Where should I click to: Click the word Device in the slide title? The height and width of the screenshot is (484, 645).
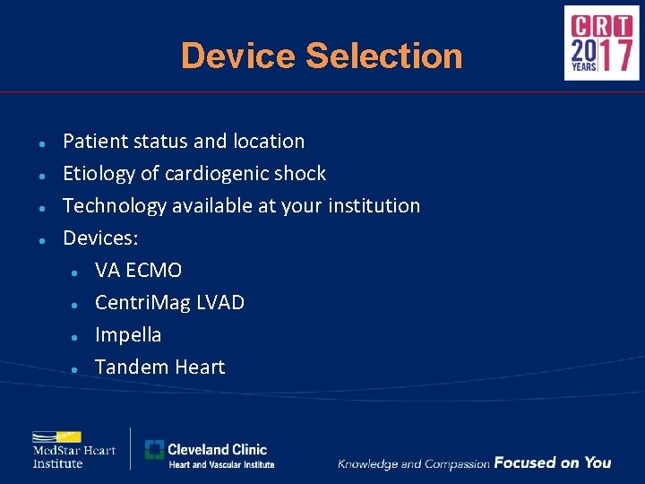(x=238, y=56)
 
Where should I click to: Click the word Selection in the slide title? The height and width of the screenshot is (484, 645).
(x=384, y=56)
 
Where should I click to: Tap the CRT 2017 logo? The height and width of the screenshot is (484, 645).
(x=601, y=43)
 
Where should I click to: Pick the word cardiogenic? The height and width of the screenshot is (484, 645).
(x=220, y=174)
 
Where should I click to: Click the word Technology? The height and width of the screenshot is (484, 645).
(x=115, y=206)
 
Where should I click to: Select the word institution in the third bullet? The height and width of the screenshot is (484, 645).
(x=375, y=206)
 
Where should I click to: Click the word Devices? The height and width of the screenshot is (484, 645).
(x=100, y=238)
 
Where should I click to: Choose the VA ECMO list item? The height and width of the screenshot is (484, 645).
(x=138, y=271)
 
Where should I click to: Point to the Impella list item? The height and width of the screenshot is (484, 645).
(x=128, y=335)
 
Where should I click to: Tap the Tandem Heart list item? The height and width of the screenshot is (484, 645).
(x=159, y=367)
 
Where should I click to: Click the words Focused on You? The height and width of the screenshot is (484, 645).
(x=552, y=463)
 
